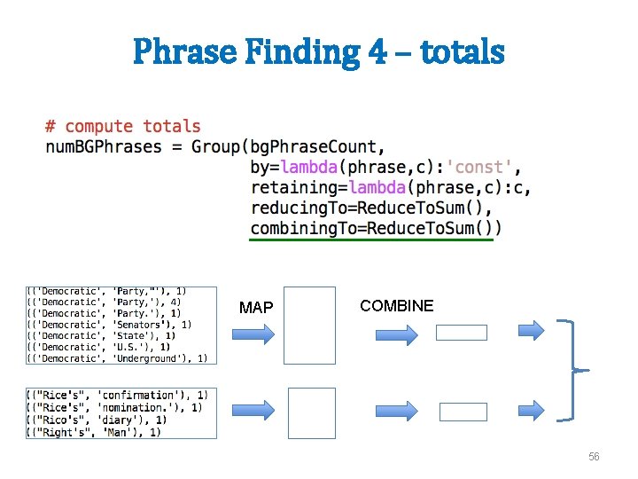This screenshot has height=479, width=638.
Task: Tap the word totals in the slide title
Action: point(462,51)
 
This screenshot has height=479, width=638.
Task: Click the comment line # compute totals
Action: point(123,127)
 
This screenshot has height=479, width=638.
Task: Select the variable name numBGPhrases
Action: point(104,146)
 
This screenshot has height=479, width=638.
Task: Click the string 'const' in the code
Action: point(480,167)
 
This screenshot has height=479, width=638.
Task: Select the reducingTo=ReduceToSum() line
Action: point(371,208)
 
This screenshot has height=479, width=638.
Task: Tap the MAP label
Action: point(256,308)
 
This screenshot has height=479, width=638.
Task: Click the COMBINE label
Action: point(396,306)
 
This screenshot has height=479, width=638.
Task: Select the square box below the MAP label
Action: point(310,326)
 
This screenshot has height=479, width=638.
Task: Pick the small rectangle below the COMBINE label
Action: point(461,333)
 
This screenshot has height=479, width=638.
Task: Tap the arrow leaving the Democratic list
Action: point(255,334)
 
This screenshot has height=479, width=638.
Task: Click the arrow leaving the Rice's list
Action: point(255,411)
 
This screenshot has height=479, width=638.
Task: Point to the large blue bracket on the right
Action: point(578,369)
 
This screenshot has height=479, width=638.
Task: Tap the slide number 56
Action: point(594,457)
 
